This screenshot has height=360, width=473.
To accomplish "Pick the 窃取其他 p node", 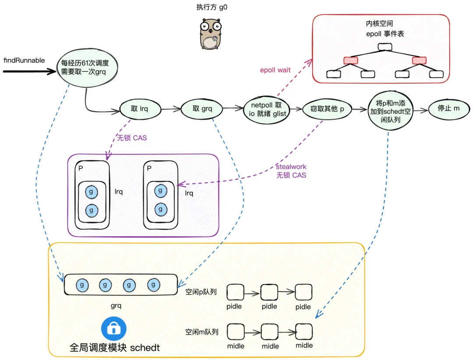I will pyautogui.click(x=327, y=109).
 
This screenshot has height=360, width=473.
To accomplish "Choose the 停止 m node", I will pyautogui.click(x=448, y=108).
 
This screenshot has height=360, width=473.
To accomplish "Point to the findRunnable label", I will pyautogui.click(x=24, y=60).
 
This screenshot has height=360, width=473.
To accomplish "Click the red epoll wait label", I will pyautogui.click(x=275, y=70).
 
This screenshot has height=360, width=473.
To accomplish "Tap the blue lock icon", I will pyautogui.click(x=114, y=327).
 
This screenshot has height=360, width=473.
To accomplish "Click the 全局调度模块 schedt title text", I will pyautogui.click(x=115, y=348).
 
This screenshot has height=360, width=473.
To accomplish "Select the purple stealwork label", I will pyautogui.click(x=291, y=167).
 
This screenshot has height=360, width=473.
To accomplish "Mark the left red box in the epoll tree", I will pyautogui.click(x=351, y=60).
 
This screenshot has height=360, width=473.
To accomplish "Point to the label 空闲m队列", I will pyautogui.click(x=201, y=332).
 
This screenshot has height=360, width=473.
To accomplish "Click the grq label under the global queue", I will pyautogui.click(x=116, y=305).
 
